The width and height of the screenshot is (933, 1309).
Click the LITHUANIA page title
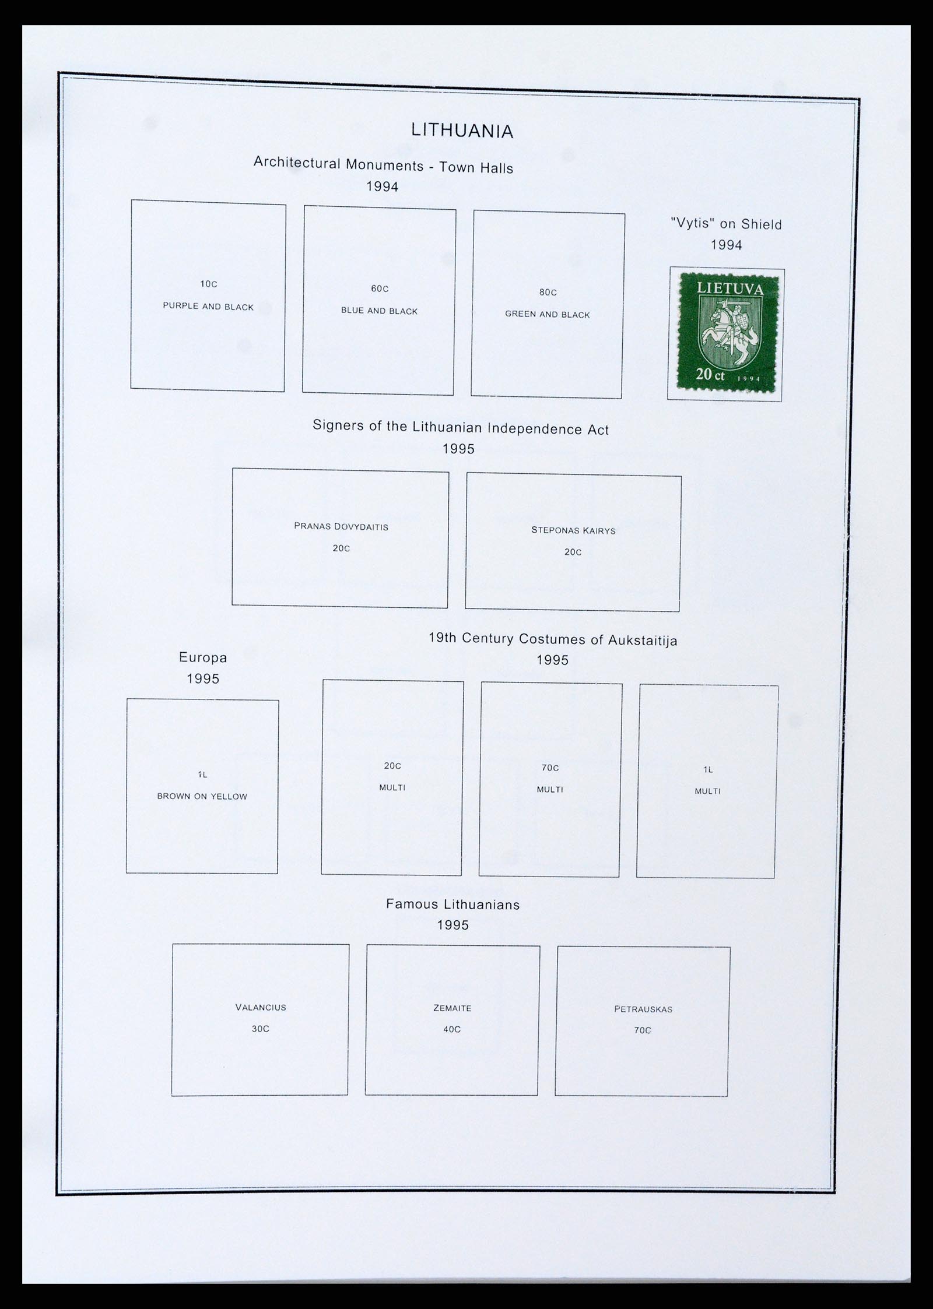pyautogui.click(x=462, y=131)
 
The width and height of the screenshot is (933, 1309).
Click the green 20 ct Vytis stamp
pyautogui.click(x=725, y=333)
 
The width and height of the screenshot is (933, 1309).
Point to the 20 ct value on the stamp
pyautogui.click(x=710, y=374)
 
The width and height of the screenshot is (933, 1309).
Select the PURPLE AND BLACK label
pyautogui.click(x=208, y=306)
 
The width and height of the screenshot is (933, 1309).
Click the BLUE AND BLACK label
pyautogui.click(x=379, y=311)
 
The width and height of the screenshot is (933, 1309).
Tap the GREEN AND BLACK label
pyautogui.click(x=547, y=314)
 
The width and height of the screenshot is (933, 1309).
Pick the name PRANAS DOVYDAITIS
pyautogui.click(x=341, y=526)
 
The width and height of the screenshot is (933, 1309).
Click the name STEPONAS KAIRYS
pyautogui.click(x=573, y=530)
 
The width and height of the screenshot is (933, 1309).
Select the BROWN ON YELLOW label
pyautogui.click(x=202, y=796)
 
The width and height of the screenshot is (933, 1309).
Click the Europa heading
pyautogui.click(x=203, y=657)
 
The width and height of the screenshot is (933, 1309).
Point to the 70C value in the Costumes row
pyautogui.click(x=550, y=768)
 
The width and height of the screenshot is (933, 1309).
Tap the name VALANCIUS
pyautogui.click(x=261, y=1007)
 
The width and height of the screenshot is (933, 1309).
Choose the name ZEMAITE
pyautogui.click(x=452, y=1008)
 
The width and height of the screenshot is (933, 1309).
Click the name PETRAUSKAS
pyautogui.click(x=643, y=1009)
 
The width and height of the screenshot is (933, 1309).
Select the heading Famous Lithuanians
pyautogui.click(x=453, y=905)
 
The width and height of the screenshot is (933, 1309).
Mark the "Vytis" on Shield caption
pyautogui.click(x=726, y=223)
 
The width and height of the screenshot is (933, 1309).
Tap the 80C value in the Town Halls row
pyautogui.click(x=548, y=292)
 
